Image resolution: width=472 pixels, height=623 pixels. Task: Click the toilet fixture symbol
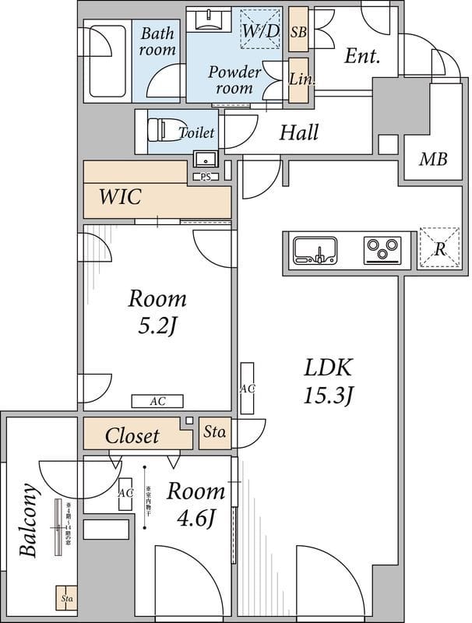click(160, 132)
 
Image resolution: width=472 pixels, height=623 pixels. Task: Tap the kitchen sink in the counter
click(315, 251)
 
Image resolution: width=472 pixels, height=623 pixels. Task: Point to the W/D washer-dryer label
click(261, 30)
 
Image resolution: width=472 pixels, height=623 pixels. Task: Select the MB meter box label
click(433, 160)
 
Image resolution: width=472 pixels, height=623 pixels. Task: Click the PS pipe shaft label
click(206, 177)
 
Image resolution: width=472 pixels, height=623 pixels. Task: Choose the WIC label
click(119, 197)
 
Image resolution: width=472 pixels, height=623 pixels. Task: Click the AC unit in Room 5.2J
click(158, 401)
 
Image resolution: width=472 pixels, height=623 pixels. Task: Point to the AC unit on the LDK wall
click(248, 388)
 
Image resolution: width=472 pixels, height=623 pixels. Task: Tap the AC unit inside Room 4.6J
click(125, 494)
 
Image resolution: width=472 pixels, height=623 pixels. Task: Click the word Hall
click(299, 132)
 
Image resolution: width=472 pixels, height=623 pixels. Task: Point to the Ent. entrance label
click(361, 56)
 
